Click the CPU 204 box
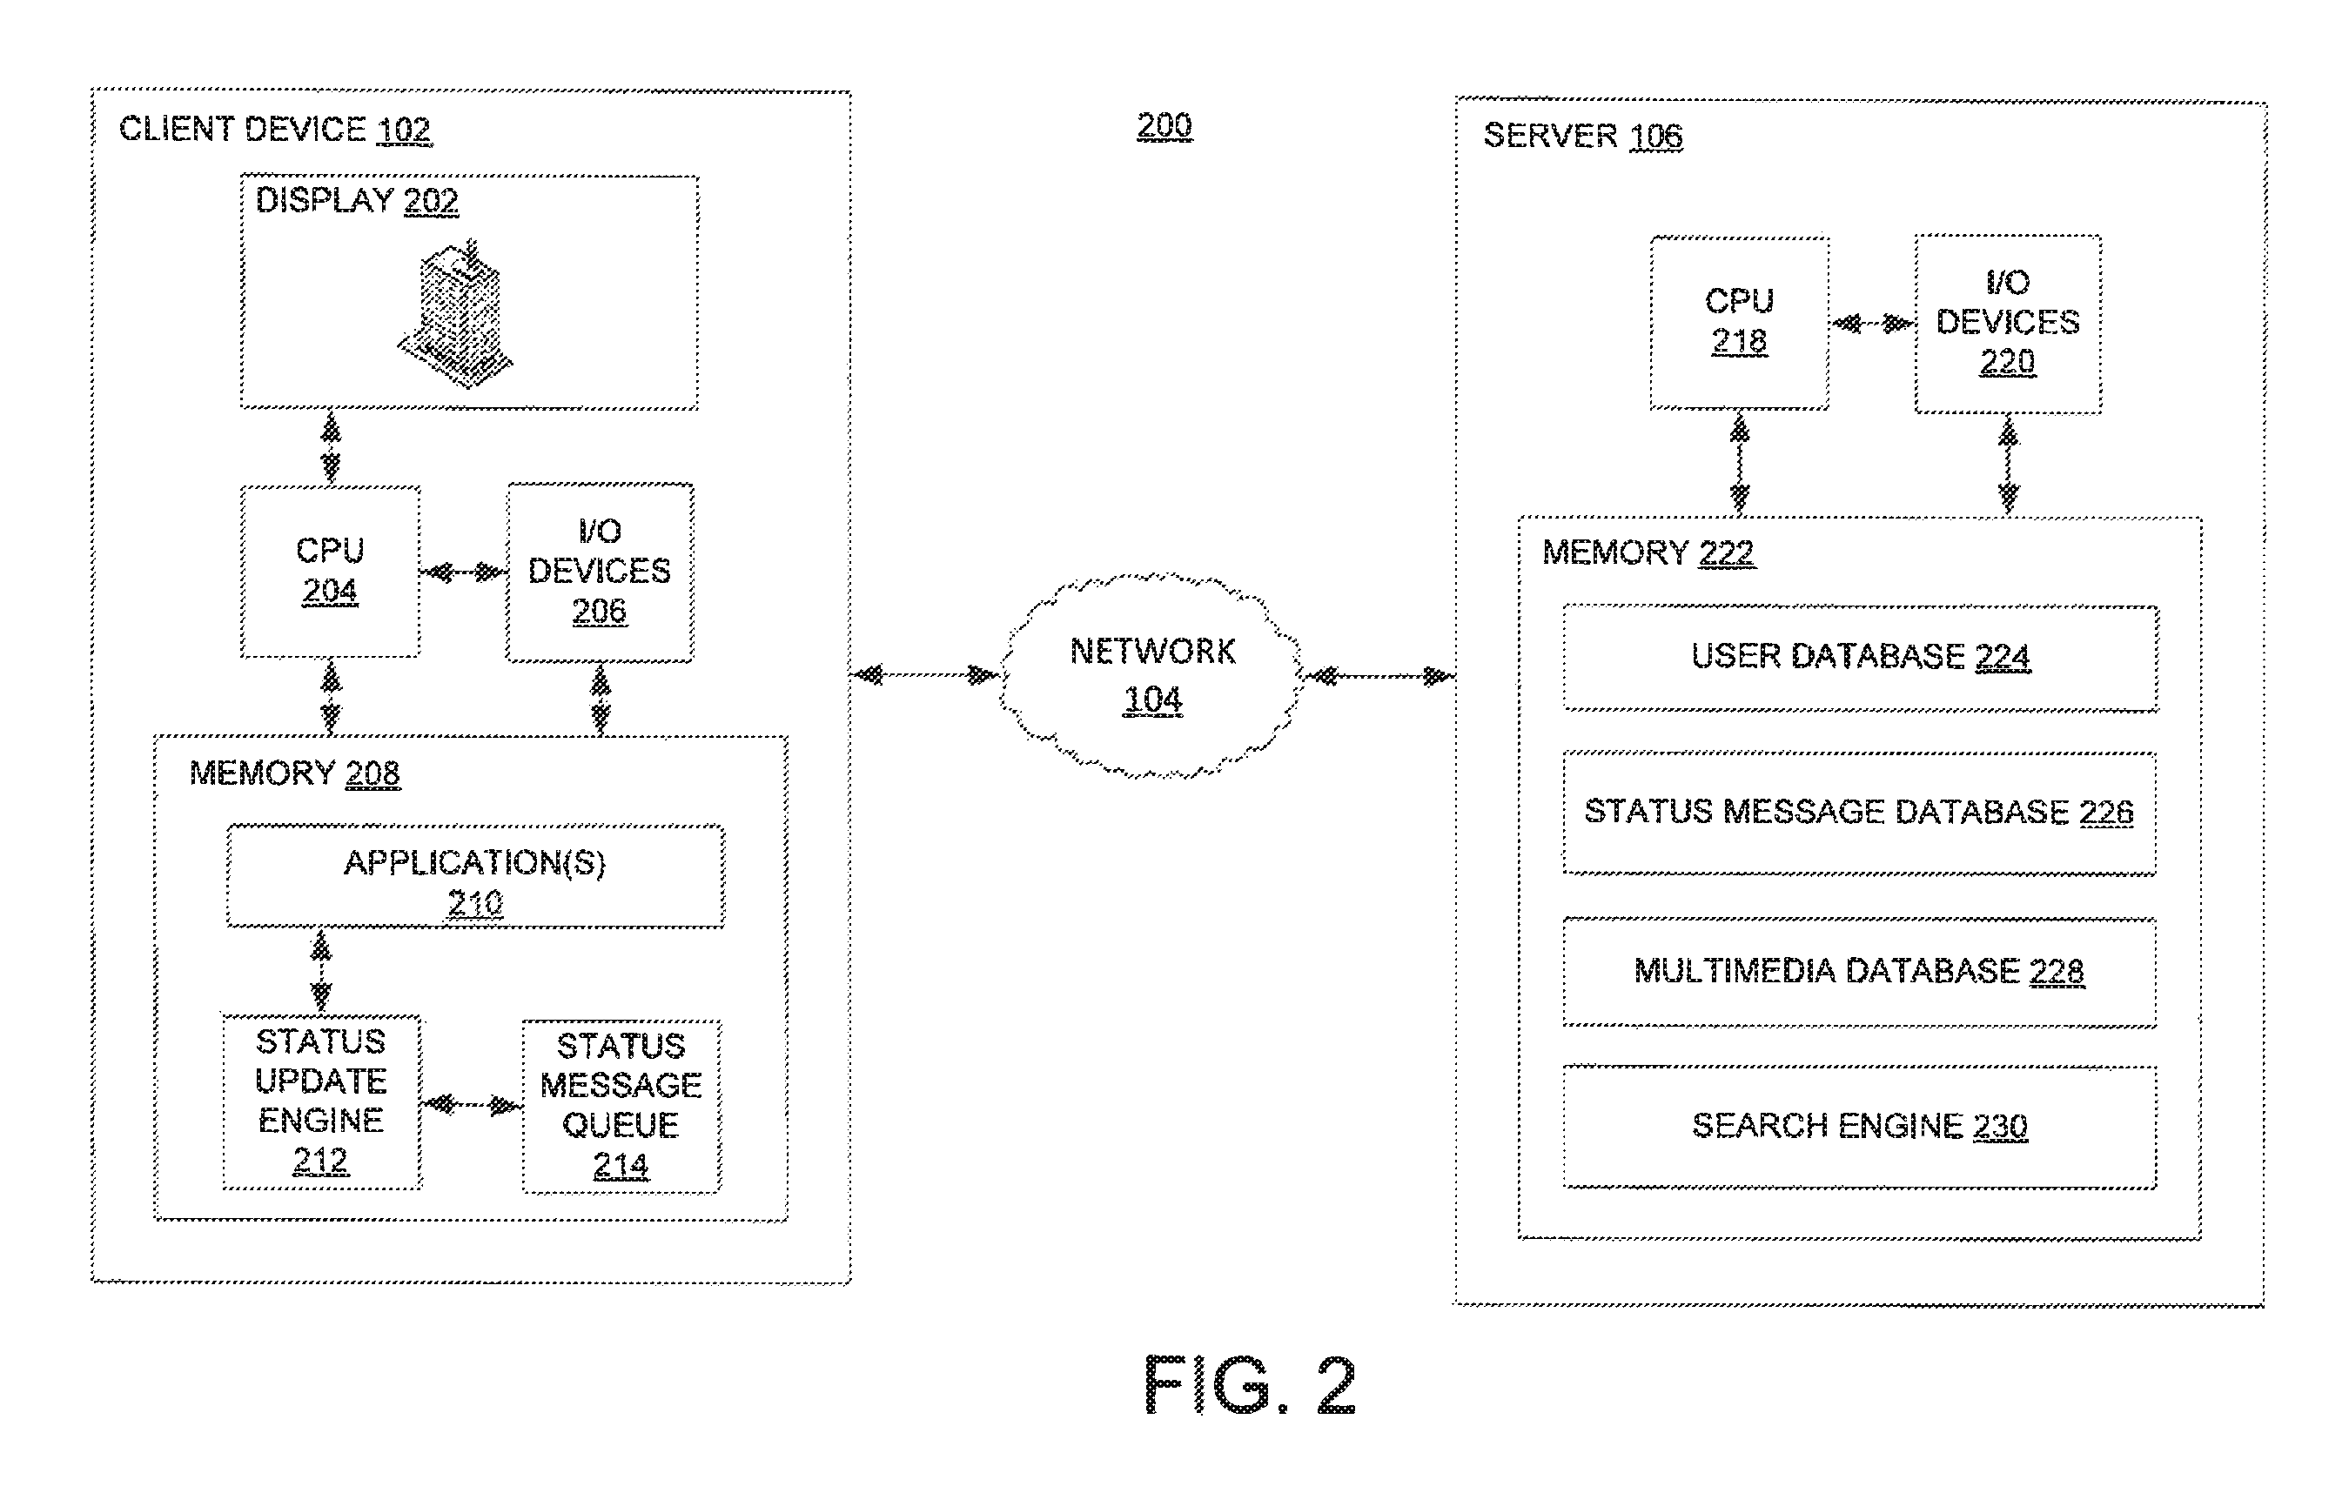tap(331, 572)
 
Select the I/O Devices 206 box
tap(600, 572)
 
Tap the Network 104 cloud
tap(1151, 675)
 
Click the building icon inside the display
tap(454, 312)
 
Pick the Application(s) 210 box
tap(476, 877)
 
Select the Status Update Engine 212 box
tap(322, 1102)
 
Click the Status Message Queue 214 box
tap(621, 1106)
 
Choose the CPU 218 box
tap(1739, 323)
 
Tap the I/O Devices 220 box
tap(2008, 324)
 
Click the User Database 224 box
tap(1860, 659)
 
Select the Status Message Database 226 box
tap(1859, 813)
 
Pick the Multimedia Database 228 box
tap(1859, 972)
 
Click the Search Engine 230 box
tap(1859, 1127)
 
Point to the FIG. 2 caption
tap(1250, 1385)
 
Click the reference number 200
tap(1164, 126)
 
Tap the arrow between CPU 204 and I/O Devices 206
tap(463, 572)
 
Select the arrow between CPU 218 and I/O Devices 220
tap(1872, 324)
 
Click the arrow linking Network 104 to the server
tap(1378, 676)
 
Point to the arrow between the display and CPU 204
tap(332, 447)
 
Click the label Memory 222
tap(1648, 553)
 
